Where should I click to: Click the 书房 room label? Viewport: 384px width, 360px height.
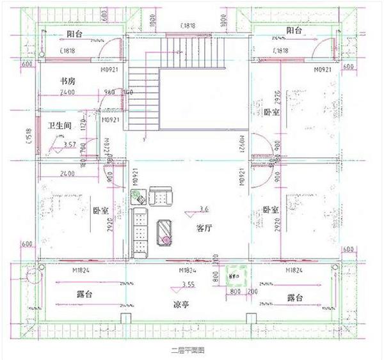coord(69,81)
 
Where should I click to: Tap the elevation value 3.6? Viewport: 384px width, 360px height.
coord(204,208)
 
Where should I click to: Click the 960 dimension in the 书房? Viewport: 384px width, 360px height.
coord(109,91)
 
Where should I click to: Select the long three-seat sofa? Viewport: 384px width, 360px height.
coord(140,233)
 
